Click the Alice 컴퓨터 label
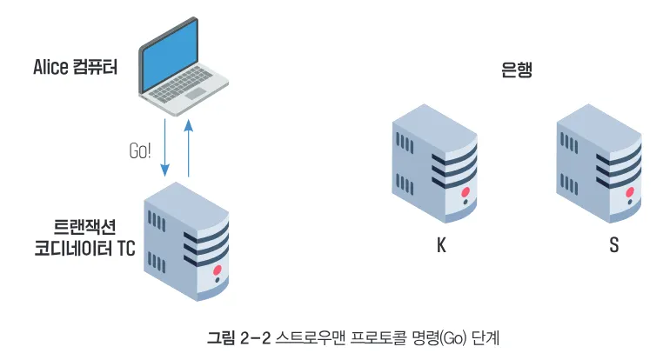click(x=76, y=67)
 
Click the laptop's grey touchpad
click(x=196, y=93)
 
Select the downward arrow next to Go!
click(x=165, y=148)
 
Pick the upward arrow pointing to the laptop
click(x=189, y=148)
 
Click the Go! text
click(x=140, y=150)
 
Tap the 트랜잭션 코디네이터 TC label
click(x=84, y=238)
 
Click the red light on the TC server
click(x=218, y=270)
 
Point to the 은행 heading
click(x=516, y=70)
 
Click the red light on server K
click(x=465, y=192)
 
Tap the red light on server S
click(x=630, y=192)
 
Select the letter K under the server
click(x=441, y=245)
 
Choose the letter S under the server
click(x=614, y=245)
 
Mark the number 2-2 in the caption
click(x=255, y=338)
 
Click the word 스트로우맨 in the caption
click(x=311, y=337)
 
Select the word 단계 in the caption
click(x=486, y=337)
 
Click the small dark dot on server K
click(x=465, y=202)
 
